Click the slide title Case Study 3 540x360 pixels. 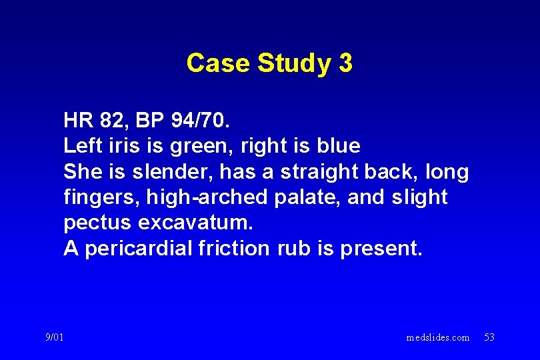pos(269,63)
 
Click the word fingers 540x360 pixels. pos(93,198)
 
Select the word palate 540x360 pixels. pos(289,198)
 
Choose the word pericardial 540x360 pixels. pos(139,249)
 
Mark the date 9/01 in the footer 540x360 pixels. pos(55,338)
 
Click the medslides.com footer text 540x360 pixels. pos(438,338)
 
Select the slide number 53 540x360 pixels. pos(489,338)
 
